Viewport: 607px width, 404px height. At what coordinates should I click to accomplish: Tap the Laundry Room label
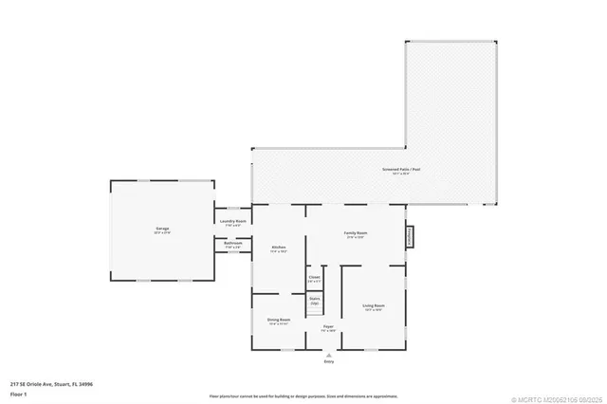(233, 222)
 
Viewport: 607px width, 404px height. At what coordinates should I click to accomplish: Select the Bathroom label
(233, 244)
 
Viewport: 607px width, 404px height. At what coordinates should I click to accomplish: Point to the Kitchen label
(279, 248)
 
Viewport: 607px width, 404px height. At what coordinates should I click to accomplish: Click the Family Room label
(356, 233)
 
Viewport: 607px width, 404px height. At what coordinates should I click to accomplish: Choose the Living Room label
(373, 305)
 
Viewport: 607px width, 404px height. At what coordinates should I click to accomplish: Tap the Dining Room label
(279, 321)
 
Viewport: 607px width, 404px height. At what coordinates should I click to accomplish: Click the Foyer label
(328, 327)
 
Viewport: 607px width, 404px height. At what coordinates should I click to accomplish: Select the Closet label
(315, 279)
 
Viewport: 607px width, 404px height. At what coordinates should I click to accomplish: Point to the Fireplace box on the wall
(411, 235)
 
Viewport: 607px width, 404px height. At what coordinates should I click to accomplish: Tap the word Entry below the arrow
(329, 361)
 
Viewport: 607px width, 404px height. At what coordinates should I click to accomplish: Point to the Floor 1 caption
(18, 394)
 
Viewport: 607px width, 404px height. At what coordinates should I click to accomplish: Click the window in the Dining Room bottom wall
(278, 349)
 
